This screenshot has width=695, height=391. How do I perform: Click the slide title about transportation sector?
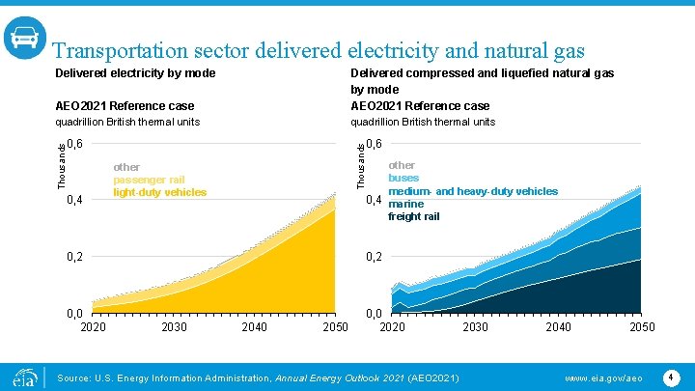click(318, 51)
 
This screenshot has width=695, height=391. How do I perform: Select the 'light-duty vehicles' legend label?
click(159, 192)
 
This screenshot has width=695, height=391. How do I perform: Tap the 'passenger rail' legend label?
click(149, 180)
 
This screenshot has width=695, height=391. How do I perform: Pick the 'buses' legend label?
click(403, 179)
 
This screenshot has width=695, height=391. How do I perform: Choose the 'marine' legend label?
click(405, 204)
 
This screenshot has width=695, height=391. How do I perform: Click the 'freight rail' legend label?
click(413, 216)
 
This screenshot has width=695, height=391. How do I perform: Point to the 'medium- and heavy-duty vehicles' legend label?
click(472, 191)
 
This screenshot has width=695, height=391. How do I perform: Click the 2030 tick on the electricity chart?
click(174, 327)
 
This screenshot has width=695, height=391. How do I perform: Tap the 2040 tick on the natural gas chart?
click(558, 327)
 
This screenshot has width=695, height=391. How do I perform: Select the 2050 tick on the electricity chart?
click(334, 327)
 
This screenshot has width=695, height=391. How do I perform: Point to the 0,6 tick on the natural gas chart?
click(375, 144)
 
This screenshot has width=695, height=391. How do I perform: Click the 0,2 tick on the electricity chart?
click(74, 257)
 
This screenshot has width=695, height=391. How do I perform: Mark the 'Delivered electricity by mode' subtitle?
click(135, 73)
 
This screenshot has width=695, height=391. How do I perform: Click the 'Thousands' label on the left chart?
click(61, 165)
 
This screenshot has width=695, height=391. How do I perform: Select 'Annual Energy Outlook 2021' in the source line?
click(342, 377)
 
